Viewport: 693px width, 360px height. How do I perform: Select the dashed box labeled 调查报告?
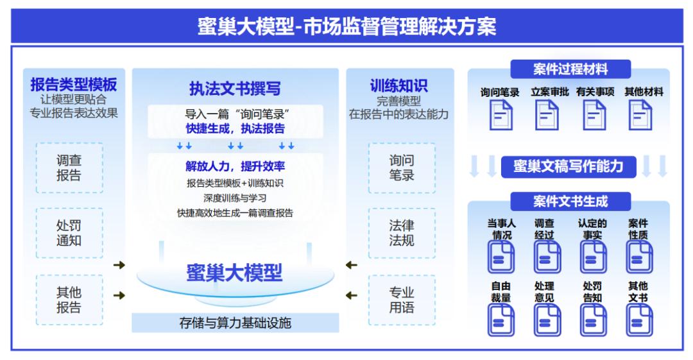click(69, 168)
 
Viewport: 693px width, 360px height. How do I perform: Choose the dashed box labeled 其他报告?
click(69, 300)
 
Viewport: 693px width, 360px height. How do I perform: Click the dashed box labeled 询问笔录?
click(402, 168)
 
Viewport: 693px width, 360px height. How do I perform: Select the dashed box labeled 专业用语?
click(402, 300)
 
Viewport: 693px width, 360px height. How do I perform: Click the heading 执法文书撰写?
click(235, 88)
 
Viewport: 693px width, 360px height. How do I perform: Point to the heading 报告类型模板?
click(74, 85)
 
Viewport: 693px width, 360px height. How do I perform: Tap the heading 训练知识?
click(399, 85)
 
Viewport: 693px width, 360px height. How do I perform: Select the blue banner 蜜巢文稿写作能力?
click(570, 166)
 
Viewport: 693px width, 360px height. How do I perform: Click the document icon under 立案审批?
click(548, 117)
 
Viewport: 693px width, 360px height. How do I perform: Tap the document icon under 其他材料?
click(643, 117)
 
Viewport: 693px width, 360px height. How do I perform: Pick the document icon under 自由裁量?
click(501, 319)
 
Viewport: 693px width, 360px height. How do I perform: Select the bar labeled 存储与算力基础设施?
click(235, 323)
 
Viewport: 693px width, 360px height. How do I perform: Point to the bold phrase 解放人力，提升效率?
click(235, 167)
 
